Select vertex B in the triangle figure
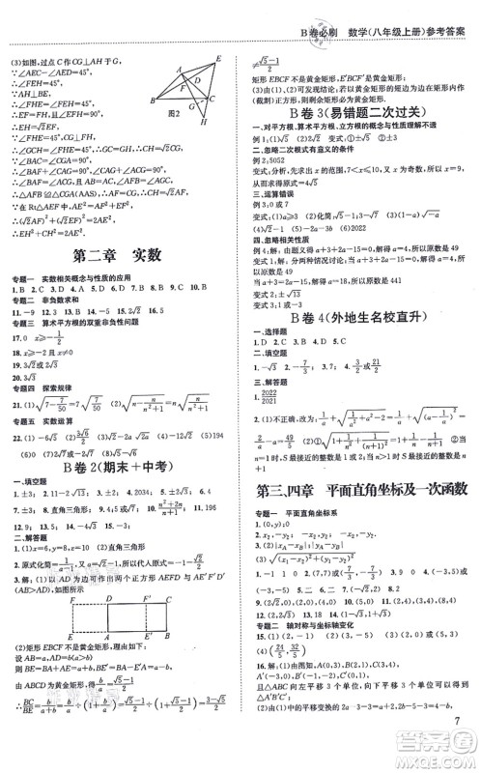[x=153, y=101]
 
